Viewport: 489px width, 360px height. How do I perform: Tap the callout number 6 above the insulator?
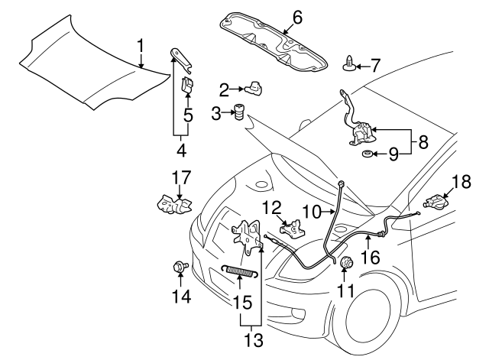pos(297,15)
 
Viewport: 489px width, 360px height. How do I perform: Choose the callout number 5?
pos(186,115)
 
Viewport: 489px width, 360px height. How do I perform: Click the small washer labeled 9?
pos(368,157)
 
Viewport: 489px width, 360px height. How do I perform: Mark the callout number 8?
pos(423,141)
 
